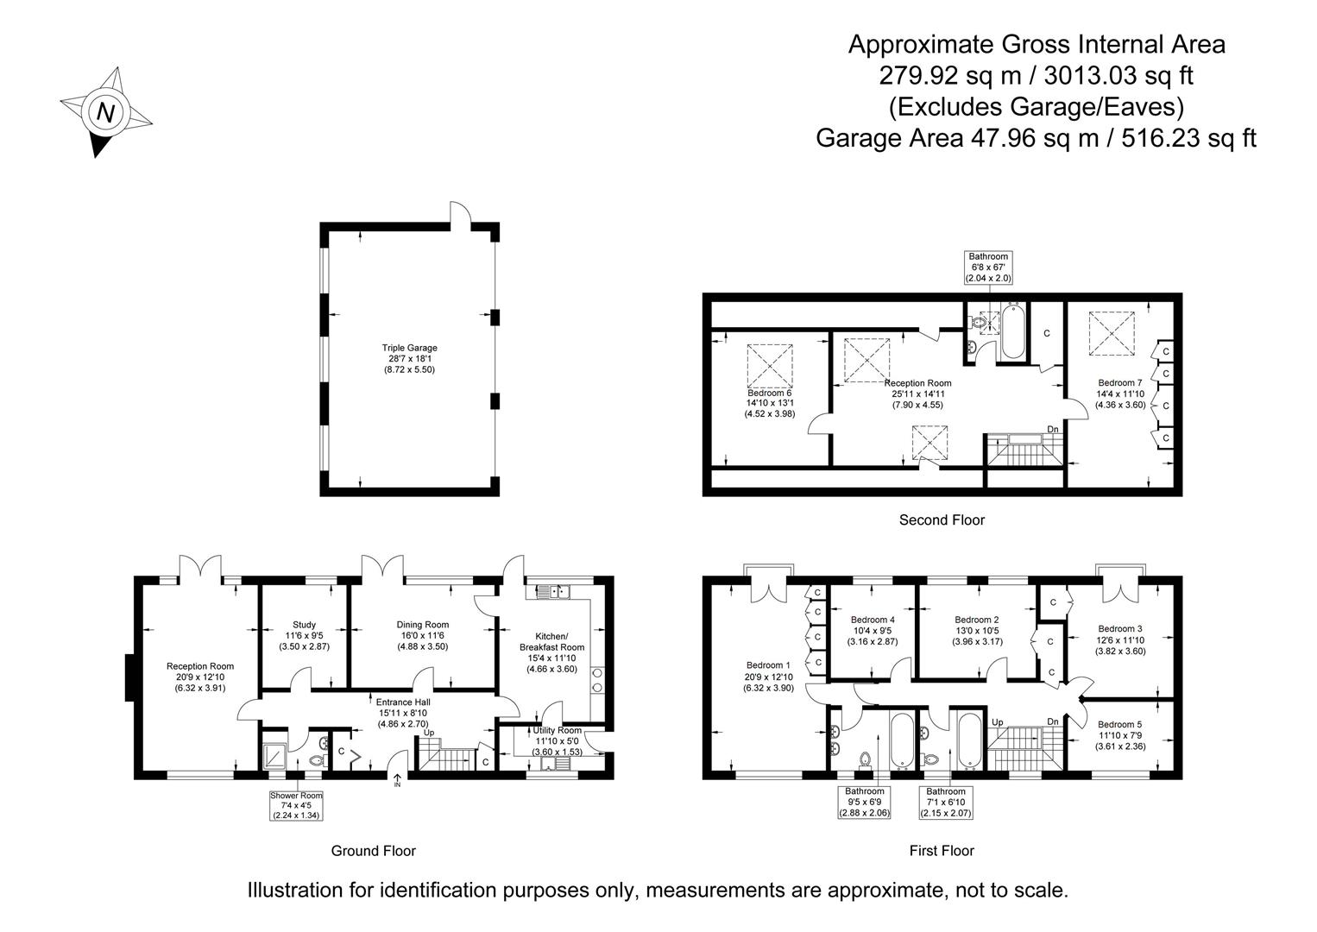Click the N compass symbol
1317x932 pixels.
(106, 112)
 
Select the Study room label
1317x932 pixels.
(304, 635)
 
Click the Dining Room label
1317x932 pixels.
(423, 635)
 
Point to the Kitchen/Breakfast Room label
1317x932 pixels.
(551, 646)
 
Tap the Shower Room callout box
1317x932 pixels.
(296, 805)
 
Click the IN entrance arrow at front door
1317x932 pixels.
(397, 781)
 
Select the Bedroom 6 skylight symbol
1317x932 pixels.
(769, 362)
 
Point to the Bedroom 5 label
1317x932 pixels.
(1120, 735)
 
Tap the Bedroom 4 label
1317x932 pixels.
(873, 630)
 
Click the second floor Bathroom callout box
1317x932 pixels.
(988, 268)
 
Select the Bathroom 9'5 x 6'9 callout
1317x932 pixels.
(865, 802)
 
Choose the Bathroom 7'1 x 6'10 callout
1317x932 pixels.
(946, 802)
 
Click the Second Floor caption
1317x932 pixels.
(942, 520)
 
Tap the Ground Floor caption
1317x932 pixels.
(373, 851)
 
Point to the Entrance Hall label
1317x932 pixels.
(403, 713)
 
